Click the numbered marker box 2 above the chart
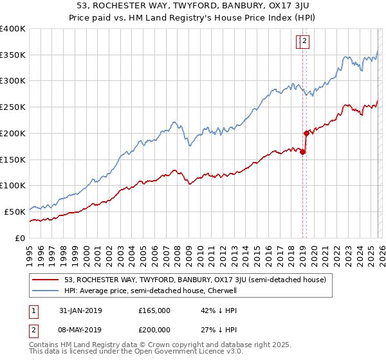point(304,42)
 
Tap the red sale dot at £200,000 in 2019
point(306,133)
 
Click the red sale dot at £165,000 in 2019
point(303,152)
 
